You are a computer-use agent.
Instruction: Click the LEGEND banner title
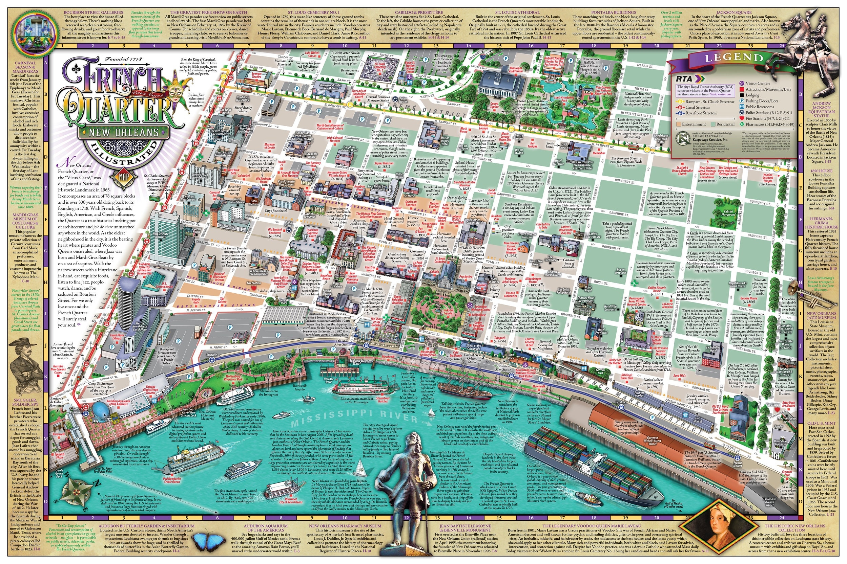734,58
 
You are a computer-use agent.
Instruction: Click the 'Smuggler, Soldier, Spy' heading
25,402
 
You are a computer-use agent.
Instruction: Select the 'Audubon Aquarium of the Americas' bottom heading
266,528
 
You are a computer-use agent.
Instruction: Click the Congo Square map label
494,105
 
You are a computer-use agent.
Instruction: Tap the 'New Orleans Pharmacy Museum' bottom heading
345,525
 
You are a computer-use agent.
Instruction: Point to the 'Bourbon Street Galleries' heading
93,12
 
